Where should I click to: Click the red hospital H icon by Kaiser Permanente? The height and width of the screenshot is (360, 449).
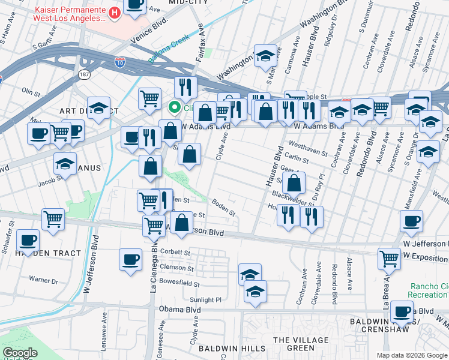click(114, 13)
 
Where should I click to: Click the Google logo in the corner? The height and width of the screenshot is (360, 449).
click(20, 353)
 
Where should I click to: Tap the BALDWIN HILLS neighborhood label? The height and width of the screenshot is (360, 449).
click(233, 348)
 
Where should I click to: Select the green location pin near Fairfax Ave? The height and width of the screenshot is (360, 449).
click(175, 108)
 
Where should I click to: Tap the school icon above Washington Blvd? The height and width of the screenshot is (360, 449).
click(265, 56)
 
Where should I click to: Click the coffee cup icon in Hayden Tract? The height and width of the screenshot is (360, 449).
click(28, 241)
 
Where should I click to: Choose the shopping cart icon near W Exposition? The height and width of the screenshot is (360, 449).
click(389, 259)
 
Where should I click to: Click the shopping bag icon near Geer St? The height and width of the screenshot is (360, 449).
click(294, 183)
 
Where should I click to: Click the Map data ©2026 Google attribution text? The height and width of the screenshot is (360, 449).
click(411, 355)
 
